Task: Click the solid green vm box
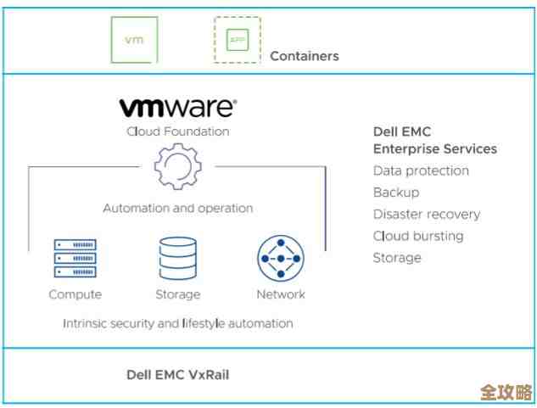coord(135,39)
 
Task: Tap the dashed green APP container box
coord(237,40)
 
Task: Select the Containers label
coord(304,56)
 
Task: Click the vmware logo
coord(177,108)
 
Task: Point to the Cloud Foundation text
coord(177,131)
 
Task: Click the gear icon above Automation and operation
coord(177,167)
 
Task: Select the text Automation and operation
coord(177,208)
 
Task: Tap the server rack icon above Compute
coord(75,258)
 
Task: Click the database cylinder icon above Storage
coord(177,259)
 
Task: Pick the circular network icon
coord(281,259)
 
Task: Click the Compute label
coord(75,294)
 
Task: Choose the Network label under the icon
coord(281,294)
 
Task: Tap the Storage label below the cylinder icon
coord(177,294)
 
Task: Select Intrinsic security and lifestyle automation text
coord(177,323)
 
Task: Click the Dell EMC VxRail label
coord(177,374)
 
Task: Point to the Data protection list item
coord(421,170)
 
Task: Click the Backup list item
coord(395,193)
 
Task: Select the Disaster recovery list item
coord(426,215)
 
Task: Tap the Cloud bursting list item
coord(418,236)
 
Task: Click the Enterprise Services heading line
coord(434,148)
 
